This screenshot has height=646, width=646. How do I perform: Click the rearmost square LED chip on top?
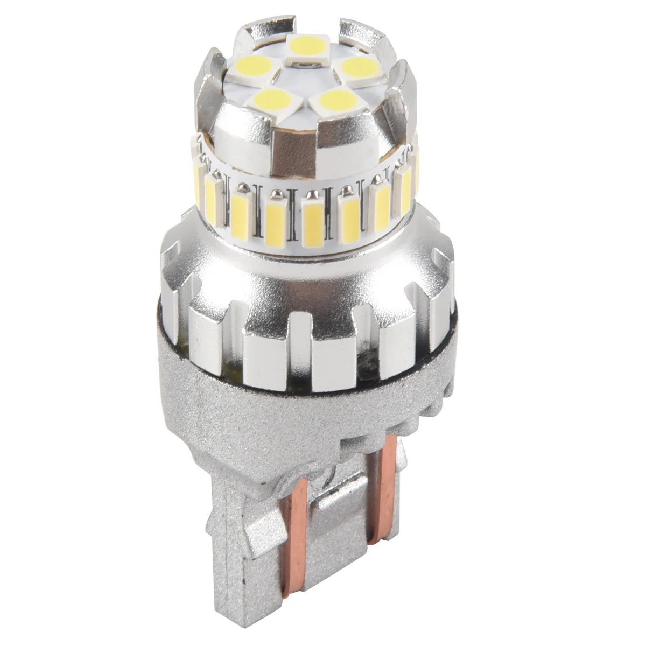click(304, 45)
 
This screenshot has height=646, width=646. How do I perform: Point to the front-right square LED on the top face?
click(336, 100)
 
